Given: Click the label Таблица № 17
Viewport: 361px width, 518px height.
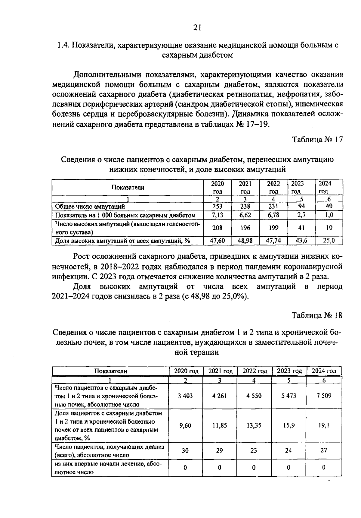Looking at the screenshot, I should coord(317,140).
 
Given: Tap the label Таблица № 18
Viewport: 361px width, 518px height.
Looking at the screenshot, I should coord(317,315).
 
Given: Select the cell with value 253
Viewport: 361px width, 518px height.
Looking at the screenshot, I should coord(217,207).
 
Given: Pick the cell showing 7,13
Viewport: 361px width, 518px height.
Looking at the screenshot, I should coord(217,215).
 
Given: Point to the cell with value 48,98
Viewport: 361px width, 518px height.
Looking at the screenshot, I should coord(245,241).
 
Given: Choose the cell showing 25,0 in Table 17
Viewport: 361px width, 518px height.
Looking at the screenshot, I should coord(329,241).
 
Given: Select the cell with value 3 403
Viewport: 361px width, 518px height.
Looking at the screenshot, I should coord(185,396).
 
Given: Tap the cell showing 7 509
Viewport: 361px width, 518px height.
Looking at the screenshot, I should coord(324,396).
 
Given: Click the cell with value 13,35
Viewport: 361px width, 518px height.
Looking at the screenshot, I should coord(254,425).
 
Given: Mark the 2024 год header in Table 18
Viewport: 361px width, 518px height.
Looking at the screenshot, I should coord(324,371).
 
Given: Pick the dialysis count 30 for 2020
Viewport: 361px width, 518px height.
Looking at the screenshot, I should coord(185,450).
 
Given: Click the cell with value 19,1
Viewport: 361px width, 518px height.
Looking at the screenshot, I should coord(324,425).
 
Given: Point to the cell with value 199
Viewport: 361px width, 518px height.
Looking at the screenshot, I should coord(273,228).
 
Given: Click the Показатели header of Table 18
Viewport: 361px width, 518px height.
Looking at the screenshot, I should coord(111,371).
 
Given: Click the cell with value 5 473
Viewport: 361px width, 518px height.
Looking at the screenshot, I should coord(289,396).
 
